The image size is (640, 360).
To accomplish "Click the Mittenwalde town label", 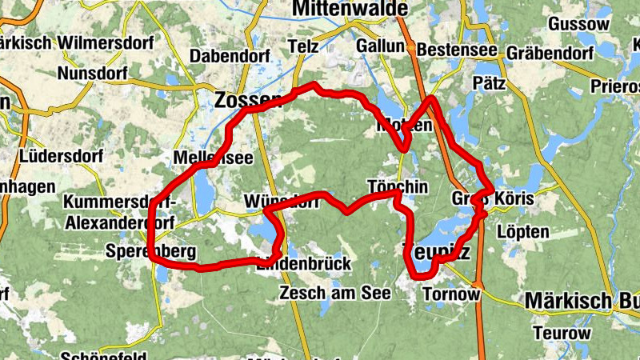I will pyautogui.click(x=350, y=9).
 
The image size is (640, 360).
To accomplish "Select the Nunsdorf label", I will pyautogui.click(x=93, y=74).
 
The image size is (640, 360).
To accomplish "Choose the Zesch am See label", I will pyautogui.click(x=334, y=294).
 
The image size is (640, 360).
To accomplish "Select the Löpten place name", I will pyautogui.click(x=522, y=232).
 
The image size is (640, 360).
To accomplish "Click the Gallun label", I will pyautogui.click(x=381, y=46).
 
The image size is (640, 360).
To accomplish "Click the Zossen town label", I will pyautogui.click(x=247, y=100).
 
